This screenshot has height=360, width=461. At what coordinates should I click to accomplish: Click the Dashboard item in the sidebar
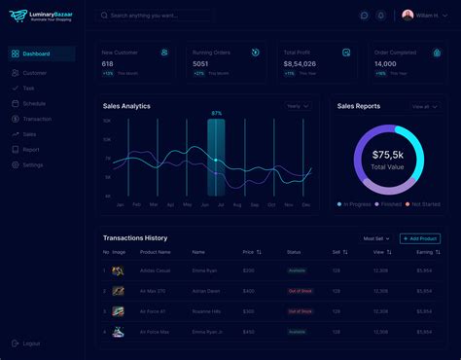coord(36,54)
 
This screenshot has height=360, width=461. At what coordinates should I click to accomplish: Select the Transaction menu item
coord(37,118)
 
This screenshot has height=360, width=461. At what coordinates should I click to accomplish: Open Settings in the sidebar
coord(32,165)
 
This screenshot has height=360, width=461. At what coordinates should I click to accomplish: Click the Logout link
coord(31,343)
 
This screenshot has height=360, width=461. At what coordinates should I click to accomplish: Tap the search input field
coord(156,16)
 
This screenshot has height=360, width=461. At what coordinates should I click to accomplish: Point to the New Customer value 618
coord(108,63)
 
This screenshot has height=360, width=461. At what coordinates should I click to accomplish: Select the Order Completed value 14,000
coord(386,63)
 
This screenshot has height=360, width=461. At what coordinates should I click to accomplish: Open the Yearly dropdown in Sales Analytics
coord(297,106)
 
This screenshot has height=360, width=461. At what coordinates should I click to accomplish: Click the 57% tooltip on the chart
coord(216,113)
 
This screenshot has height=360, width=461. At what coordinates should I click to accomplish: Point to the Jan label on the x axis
coord(120,205)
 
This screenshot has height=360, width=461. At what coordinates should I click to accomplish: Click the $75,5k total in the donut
coord(388,156)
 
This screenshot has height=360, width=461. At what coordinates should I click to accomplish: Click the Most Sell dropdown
coord(377,238)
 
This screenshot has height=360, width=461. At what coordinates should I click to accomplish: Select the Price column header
coord(249,252)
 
